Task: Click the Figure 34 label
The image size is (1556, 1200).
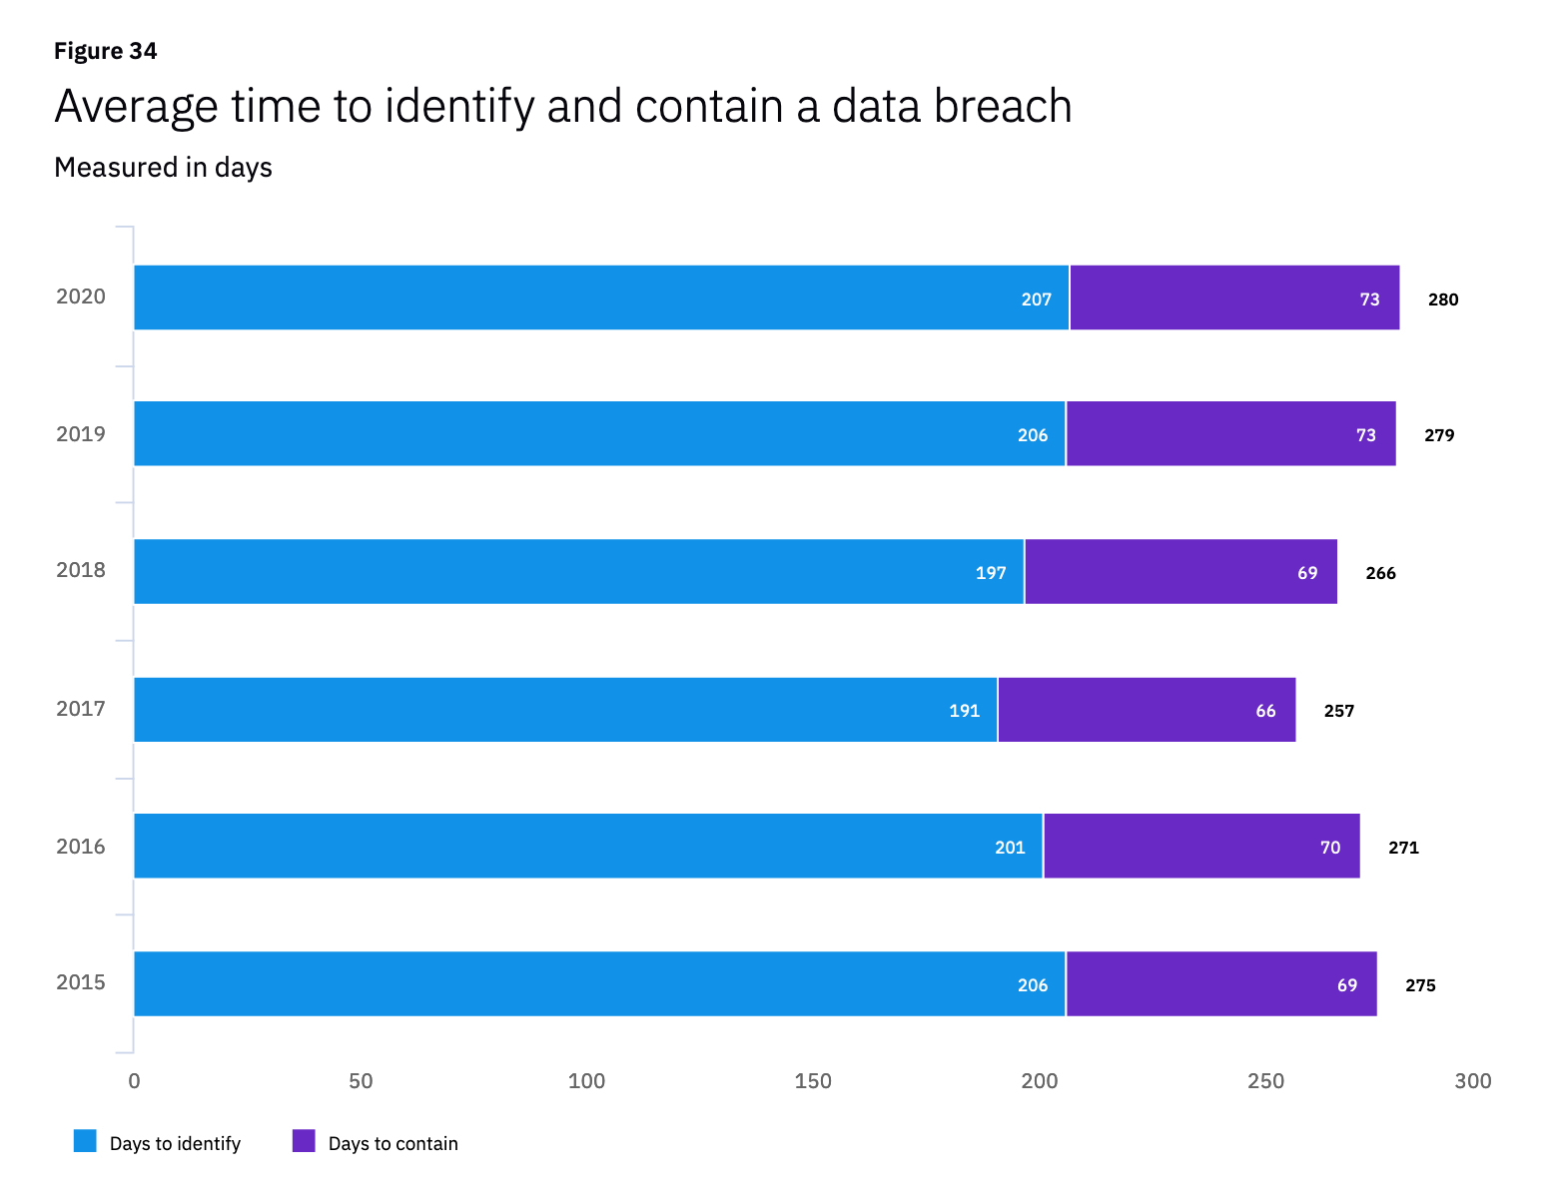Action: click(x=105, y=51)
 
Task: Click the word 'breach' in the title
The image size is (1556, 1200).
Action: click(x=1002, y=106)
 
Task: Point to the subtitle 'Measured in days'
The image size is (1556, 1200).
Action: click(x=163, y=167)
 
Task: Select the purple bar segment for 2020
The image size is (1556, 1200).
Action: click(x=1233, y=298)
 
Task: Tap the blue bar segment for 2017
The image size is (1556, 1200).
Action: click(x=565, y=710)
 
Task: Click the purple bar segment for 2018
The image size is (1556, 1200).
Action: click(x=1179, y=572)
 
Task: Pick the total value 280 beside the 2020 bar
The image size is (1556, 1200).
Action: click(x=1442, y=300)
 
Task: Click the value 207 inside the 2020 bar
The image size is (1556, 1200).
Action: click(x=1036, y=300)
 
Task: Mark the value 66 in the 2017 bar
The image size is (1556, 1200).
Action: click(x=1265, y=711)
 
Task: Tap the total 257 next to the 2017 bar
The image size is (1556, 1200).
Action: click(x=1338, y=711)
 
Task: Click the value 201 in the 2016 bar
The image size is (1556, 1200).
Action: click(x=1010, y=848)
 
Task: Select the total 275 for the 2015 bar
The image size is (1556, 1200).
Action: click(x=1420, y=985)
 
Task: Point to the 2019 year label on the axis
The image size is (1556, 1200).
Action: click(x=81, y=434)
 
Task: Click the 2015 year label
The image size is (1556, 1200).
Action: click(x=81, y=982)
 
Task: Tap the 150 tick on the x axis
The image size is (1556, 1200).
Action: click(x=813, y=1081)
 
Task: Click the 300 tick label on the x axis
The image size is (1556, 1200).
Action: click(x=1473, y=1081)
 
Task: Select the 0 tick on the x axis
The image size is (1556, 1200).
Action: click(x=134, y=1081)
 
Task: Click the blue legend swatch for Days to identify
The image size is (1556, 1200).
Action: click(x=85, y=1141)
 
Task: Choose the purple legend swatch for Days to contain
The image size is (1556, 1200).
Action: click(x=304, y=1141)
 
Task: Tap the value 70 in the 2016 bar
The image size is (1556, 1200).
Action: click(x=1330, y=848)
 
